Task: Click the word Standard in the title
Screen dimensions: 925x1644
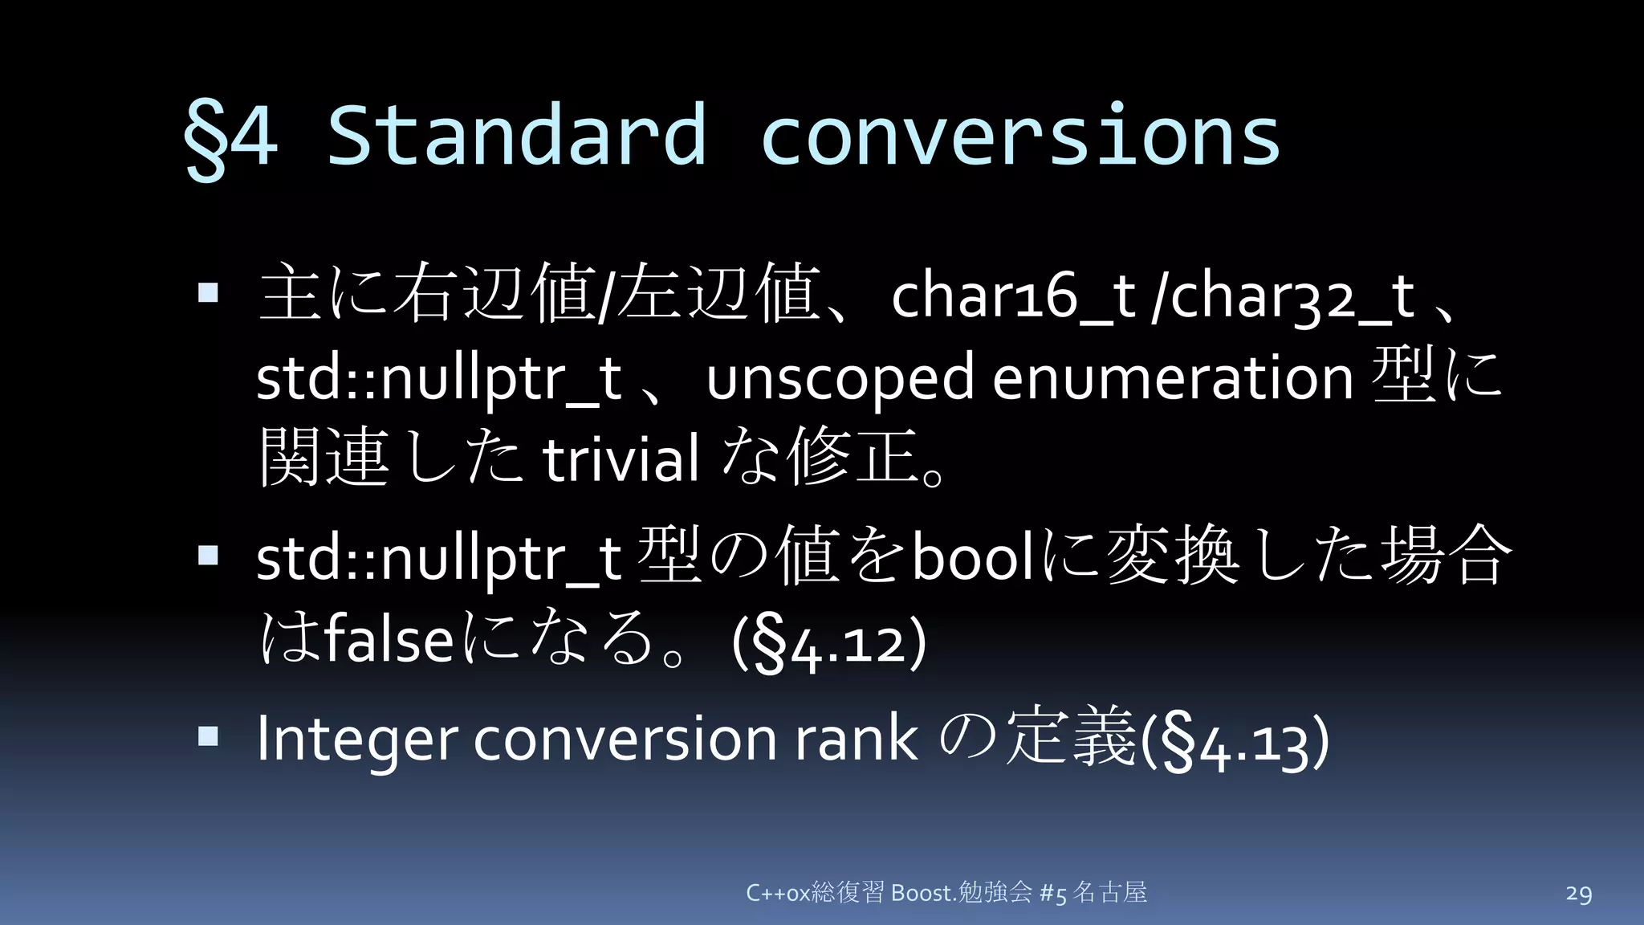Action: (517, 135)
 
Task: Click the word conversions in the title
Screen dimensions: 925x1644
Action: (1019, 135)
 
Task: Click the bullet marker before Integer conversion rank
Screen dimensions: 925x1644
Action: (208, 736)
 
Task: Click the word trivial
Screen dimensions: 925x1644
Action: (621, 459)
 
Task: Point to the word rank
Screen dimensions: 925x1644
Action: (856, 739)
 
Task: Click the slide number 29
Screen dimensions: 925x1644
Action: (1578, 894)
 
